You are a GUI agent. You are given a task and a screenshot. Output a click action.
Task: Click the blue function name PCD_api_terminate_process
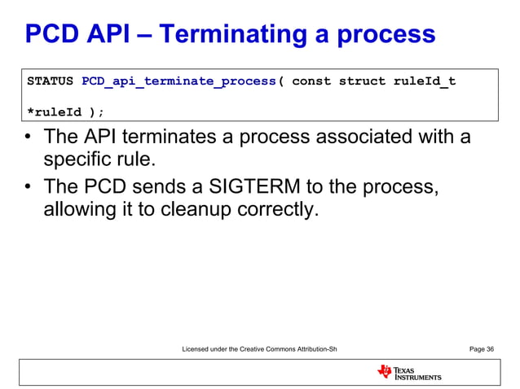(x=179, y=81)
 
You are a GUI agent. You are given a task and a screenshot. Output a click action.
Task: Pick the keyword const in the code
(x=311, y=81)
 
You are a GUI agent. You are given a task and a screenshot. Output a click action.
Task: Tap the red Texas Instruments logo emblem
(x=384, y=372)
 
